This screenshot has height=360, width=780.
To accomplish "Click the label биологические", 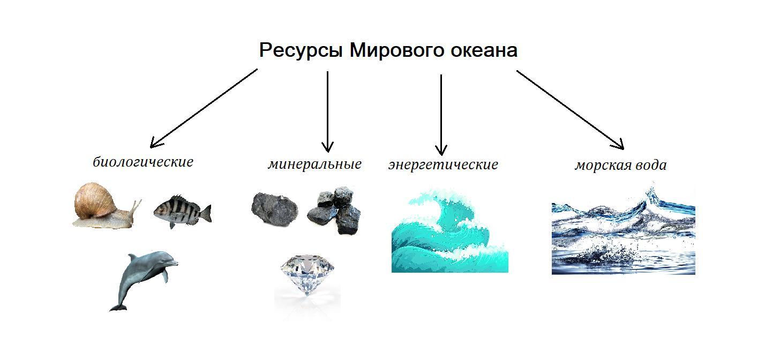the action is click(143, 162).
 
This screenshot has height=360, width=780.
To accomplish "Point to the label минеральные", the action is click(314, 164).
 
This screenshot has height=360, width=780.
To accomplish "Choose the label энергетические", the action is click(443, 164).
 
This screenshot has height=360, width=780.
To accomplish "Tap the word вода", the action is click(651, 165).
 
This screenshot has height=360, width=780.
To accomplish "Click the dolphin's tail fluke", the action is click(118, 307).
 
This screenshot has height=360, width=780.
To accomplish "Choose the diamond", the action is click(307, 275).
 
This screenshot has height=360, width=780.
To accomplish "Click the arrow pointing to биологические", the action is click(204, 108).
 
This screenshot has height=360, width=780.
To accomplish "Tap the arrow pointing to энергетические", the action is click(441, 115).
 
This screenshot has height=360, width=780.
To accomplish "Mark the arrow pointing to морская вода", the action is click(570, 109).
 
